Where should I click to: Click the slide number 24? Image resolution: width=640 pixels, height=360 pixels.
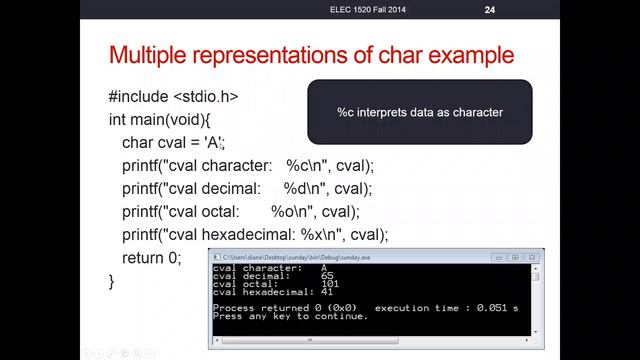pos(490,10)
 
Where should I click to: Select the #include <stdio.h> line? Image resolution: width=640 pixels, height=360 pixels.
pos(173,98)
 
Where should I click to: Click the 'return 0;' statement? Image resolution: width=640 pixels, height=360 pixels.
pos(152,258)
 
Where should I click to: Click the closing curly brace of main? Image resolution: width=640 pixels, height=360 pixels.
pos(112,281)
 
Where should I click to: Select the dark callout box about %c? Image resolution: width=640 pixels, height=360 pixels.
pos(419,113)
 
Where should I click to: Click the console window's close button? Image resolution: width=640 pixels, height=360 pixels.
pos(532,257)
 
